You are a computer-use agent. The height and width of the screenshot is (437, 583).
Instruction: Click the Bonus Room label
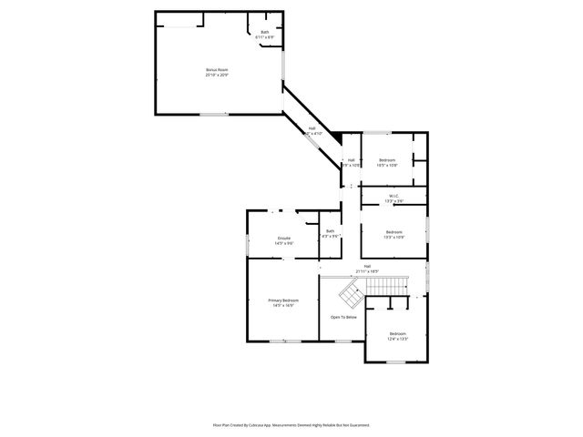coord(216,72)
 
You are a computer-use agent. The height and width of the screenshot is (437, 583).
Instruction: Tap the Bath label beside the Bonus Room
coord(265,35)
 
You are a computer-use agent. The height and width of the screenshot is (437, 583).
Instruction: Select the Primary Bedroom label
coord(282,302)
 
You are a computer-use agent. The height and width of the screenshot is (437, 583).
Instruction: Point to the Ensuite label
coord(284,240)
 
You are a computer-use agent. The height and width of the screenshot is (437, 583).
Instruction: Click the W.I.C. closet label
coord(394,198)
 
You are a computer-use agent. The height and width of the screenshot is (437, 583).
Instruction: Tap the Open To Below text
coord(343,317)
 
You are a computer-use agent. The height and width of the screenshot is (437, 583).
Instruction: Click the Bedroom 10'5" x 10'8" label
coord(387,162)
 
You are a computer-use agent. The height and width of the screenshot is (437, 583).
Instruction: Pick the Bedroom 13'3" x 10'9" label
coord(394,234)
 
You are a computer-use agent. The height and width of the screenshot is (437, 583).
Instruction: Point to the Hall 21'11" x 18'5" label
coord(367,269)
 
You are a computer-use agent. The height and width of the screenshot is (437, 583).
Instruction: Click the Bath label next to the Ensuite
coord(330,234)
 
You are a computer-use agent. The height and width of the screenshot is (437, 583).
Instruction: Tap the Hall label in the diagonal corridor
coord(312,130)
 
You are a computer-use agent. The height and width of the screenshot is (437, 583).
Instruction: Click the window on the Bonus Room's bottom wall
coord(214,114)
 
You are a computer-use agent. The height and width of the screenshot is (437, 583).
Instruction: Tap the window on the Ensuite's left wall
coord(247,243)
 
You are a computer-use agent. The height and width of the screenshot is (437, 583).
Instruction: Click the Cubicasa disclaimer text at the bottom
coord(291,424)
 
